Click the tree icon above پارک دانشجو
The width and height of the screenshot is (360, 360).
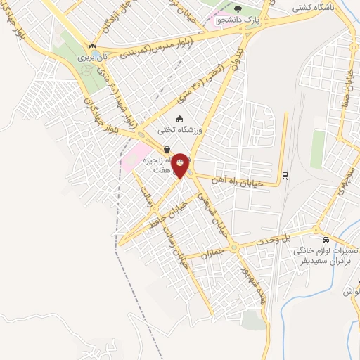tap(239, 10)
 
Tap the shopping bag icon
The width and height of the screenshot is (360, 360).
tap(167, 149)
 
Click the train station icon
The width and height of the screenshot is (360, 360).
tap(285, 175)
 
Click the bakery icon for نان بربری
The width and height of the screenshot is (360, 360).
tap(91, 46)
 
